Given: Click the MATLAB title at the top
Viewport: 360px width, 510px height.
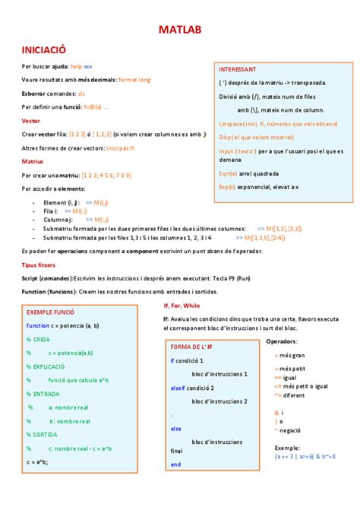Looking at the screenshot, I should pyautogui.click(x=180, y=30).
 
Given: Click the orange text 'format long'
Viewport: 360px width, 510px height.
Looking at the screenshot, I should pyautogui.click(x=134, y=79).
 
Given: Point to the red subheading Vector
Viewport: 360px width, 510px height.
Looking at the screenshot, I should pyautogui.click(x=32, y=120).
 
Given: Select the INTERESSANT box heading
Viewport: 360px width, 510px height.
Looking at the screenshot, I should pyautogui.click(x=238, y=69).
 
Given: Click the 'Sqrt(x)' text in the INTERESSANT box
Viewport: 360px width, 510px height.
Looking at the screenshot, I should pyautogui.click(x=227, y=173).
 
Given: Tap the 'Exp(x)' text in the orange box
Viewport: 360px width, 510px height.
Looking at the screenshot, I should pyautogui.click(x=227, y=186).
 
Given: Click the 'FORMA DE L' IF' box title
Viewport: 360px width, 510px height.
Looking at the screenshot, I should pyautogui.click(x=195, y=347).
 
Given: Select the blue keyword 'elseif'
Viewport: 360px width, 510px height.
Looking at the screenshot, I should pyautogui.click(x=178, y=388).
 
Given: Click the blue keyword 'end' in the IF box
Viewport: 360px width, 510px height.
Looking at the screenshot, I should pyautogui.click(x=175, y=464).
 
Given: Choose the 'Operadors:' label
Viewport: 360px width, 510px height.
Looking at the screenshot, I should pyautogui.click(x=282, y=341).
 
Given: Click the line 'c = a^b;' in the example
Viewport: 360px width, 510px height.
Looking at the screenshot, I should pyautogui.click(x=37, y=461).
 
